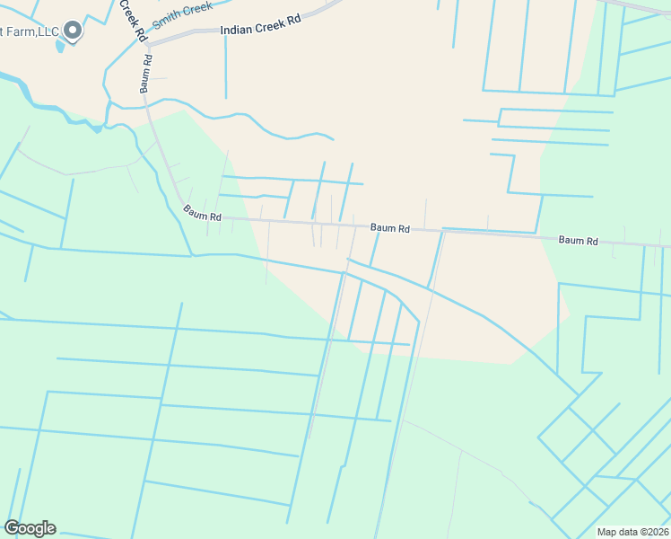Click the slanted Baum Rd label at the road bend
pos(202,213)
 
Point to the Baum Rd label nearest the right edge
pos(578,241)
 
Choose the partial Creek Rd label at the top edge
pos(132,21)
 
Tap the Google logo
pos(30,528)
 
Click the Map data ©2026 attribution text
pos(632,532)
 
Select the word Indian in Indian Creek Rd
pos(236,31)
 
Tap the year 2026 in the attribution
pos(654,532)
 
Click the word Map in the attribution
pos(607,532)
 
